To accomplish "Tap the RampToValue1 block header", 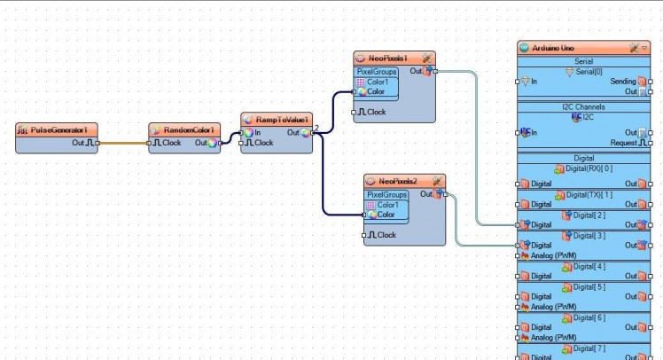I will point(277,119).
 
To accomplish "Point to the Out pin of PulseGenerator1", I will point(97,142).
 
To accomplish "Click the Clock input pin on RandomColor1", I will point(150,142).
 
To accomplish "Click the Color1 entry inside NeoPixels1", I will point(378,82).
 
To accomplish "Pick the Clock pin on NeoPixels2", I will point(364,235).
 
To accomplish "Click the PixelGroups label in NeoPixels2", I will point(386,194).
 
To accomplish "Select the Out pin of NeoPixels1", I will point(433,70).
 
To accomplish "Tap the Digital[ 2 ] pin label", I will point(589,215).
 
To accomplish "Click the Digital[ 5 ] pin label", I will point(589,286).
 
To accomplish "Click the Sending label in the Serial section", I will point(622,81).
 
